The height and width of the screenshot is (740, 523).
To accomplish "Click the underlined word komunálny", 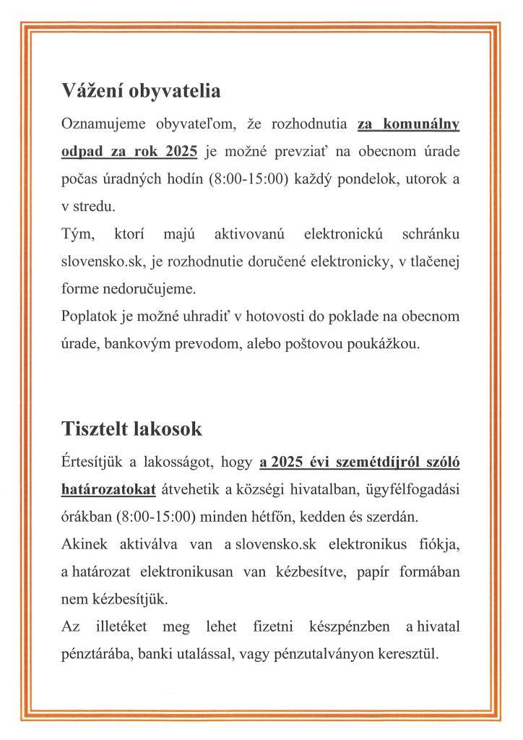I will click(x=420, y=124).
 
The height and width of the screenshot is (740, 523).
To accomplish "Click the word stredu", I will click(x=93, y=207).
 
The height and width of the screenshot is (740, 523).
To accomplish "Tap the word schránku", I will click(x=427, y=234).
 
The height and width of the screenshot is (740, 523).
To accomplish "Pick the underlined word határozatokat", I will click(x=108, y=489).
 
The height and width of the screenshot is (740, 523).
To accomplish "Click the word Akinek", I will click(x=84, y=544).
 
